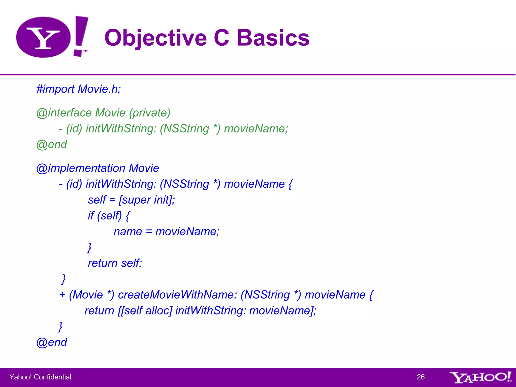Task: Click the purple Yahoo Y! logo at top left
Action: point(52,37)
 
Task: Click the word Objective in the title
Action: point(155,38)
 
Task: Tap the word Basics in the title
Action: point(273,38)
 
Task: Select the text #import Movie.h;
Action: point(79,89)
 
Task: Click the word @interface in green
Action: point(64,113)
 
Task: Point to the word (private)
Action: point(150,113)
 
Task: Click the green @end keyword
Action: point(52,145)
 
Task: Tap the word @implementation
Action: point(81,168)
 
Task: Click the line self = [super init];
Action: point(131,200)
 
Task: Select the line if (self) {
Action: point(109,216)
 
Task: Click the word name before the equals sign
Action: point(128,232)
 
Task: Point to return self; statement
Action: point(115,263)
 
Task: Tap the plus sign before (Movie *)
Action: point(62,295)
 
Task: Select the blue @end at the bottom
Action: point(52,342)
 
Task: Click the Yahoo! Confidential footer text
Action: point(40,377)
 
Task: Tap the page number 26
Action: point(421,377)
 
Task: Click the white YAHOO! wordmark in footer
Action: point(480,377)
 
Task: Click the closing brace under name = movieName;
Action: point(89,247)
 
